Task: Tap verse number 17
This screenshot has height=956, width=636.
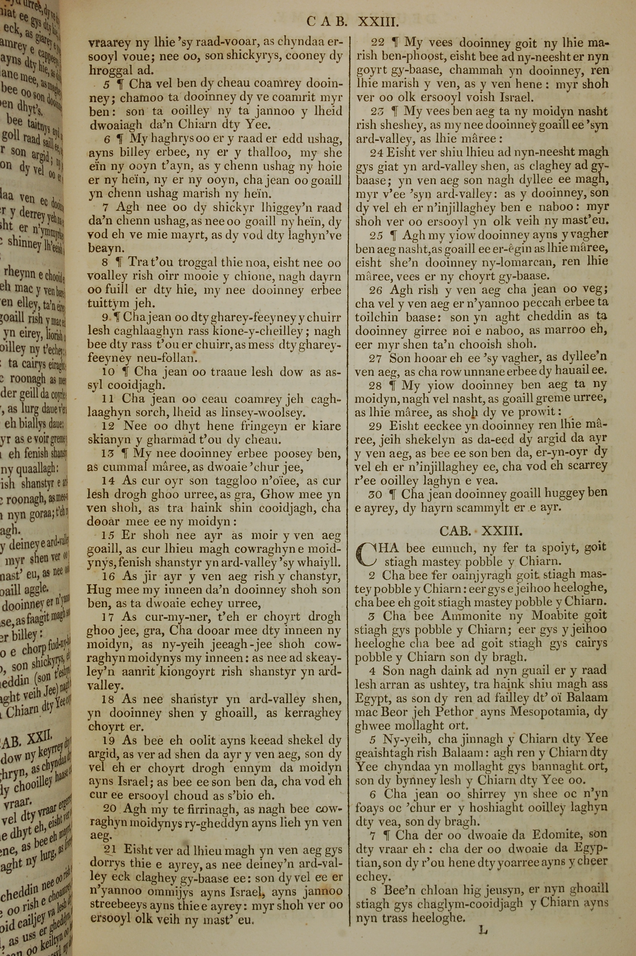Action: (109, 617)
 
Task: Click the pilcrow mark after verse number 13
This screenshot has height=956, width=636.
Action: (125, 454)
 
